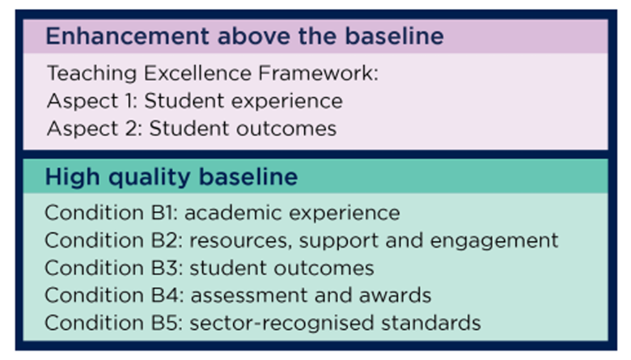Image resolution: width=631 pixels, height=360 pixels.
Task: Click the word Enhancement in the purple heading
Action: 127,36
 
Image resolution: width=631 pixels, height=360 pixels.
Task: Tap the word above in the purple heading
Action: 253,36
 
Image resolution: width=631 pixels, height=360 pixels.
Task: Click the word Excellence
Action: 197,73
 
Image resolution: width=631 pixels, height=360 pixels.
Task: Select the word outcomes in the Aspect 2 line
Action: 286,129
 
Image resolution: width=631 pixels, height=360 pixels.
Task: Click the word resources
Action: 238,240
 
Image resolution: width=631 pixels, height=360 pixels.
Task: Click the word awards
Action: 395,295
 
